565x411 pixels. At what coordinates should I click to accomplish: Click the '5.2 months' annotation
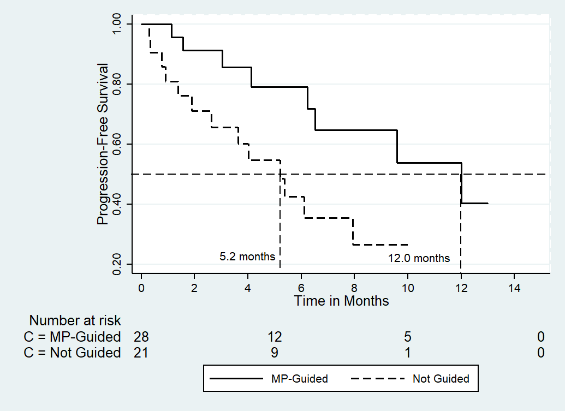click(247, 257)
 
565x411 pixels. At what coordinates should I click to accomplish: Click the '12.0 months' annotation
click(419, 258)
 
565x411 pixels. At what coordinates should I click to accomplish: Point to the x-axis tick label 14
click(514, 288)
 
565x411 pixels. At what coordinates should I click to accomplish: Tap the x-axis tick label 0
click(141, 288)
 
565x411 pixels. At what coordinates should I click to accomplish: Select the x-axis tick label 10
click(408, 288)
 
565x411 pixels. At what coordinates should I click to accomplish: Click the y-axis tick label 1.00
click(117, 24)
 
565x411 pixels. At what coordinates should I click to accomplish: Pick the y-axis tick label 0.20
click(117, 264)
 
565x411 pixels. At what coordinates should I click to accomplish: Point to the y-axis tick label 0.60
click(117, 144)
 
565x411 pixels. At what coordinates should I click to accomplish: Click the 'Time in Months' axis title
click(342, 301)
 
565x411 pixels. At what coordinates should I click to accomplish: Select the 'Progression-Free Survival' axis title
click(103, 144)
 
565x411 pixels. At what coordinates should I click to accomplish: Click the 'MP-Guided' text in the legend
click(300, 379)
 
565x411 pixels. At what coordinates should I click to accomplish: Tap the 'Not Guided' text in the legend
click(441, 379)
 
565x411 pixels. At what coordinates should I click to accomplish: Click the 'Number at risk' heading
click(75, 320)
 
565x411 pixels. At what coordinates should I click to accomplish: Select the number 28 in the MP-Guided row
click(141, 337)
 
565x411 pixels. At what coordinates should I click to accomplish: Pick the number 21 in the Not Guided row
click(141, 353)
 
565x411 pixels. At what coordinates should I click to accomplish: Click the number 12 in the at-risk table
click(275, 337)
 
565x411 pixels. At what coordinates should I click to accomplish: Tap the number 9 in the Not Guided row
click(275, 353)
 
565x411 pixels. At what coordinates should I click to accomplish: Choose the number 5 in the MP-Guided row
click(408, 337)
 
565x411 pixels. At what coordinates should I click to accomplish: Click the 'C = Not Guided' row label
click(72, 353)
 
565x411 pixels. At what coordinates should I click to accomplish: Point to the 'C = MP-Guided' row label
click(72, 337)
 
